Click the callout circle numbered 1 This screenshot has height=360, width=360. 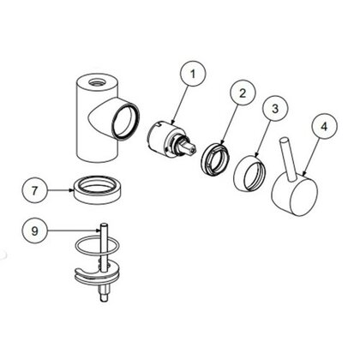pyautogui.click(x=194, y=75)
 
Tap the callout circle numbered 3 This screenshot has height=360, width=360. pyautogui.click(x=274, y=110)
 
